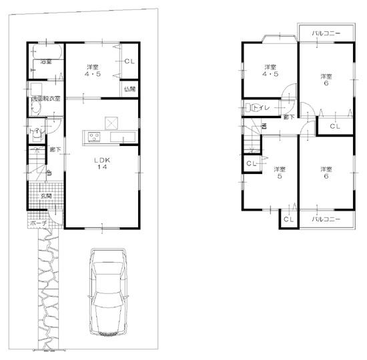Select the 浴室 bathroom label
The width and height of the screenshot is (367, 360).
45,62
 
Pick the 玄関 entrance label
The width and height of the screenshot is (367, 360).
45,195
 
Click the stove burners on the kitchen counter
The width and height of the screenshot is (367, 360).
93,137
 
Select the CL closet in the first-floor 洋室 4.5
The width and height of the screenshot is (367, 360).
129,62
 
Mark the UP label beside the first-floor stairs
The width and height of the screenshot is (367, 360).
49,174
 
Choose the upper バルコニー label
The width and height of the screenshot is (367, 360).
326,33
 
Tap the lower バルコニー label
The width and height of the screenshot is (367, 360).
326,218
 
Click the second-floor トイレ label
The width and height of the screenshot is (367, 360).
261,106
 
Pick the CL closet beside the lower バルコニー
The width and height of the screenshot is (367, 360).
288,219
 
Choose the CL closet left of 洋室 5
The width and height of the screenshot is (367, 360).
251,164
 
